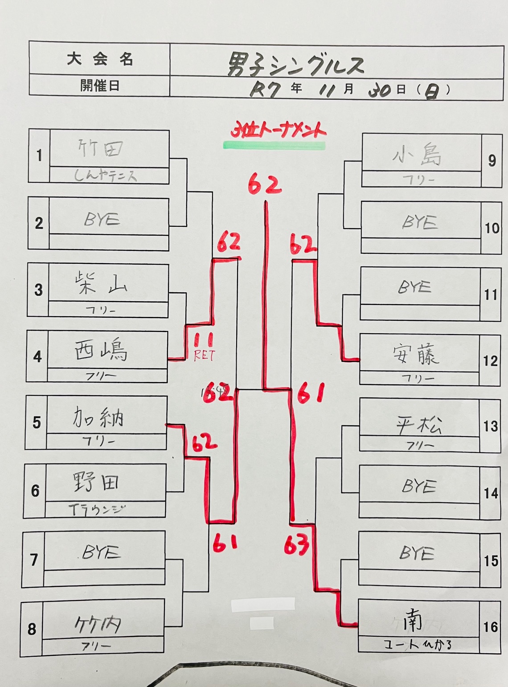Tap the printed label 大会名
click(x=100, y=59)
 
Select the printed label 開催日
click(x=100, y=86)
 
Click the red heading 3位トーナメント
click(x=279, y=131)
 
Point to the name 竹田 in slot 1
click(x=101, y=149)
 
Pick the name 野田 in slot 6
click(x=96, y=482)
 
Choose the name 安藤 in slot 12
click(x=415, y=355)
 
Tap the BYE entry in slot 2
click(x=102, y=219)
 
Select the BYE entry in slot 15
click(x=417, y=553)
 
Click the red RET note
click(x=204, y=356)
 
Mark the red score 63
click(x=297, y=544)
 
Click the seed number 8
click(x=32, y=629)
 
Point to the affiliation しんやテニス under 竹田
click(x=105, y=176)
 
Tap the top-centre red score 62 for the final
click(x=265, y=184)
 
